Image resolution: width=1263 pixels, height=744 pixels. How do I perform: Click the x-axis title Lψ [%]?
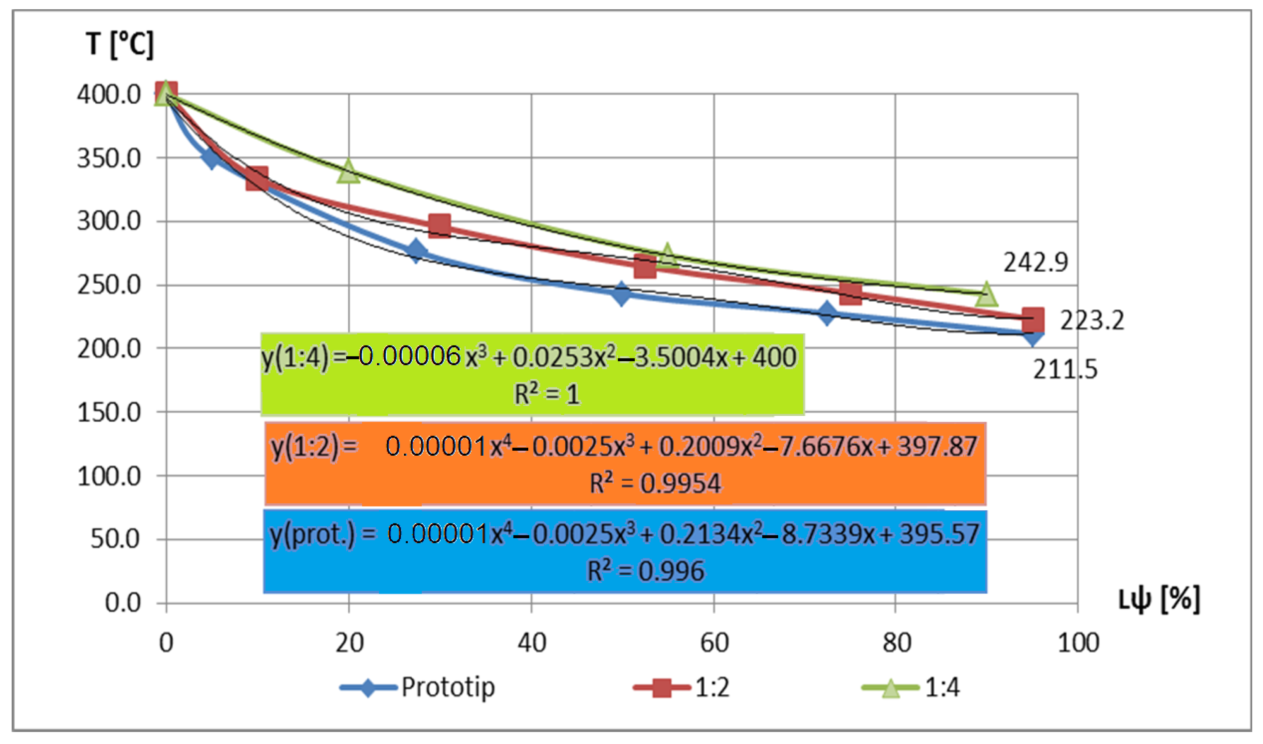[x=1159, y=599]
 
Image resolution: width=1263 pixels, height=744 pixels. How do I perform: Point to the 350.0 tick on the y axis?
[x=109, y=159]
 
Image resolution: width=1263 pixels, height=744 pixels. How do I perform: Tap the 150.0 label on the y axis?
[x=109, y=413]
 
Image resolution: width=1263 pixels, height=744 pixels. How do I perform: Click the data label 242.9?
[x=1036, y=262]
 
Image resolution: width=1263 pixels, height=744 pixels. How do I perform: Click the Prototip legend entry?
[x=448, y=687]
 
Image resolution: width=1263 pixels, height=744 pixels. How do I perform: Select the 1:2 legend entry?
[x=712, y=687]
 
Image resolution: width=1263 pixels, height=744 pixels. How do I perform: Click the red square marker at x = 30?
[x=440, y=226]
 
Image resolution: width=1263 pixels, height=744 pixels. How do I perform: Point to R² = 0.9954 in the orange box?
[x=655, y=484]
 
